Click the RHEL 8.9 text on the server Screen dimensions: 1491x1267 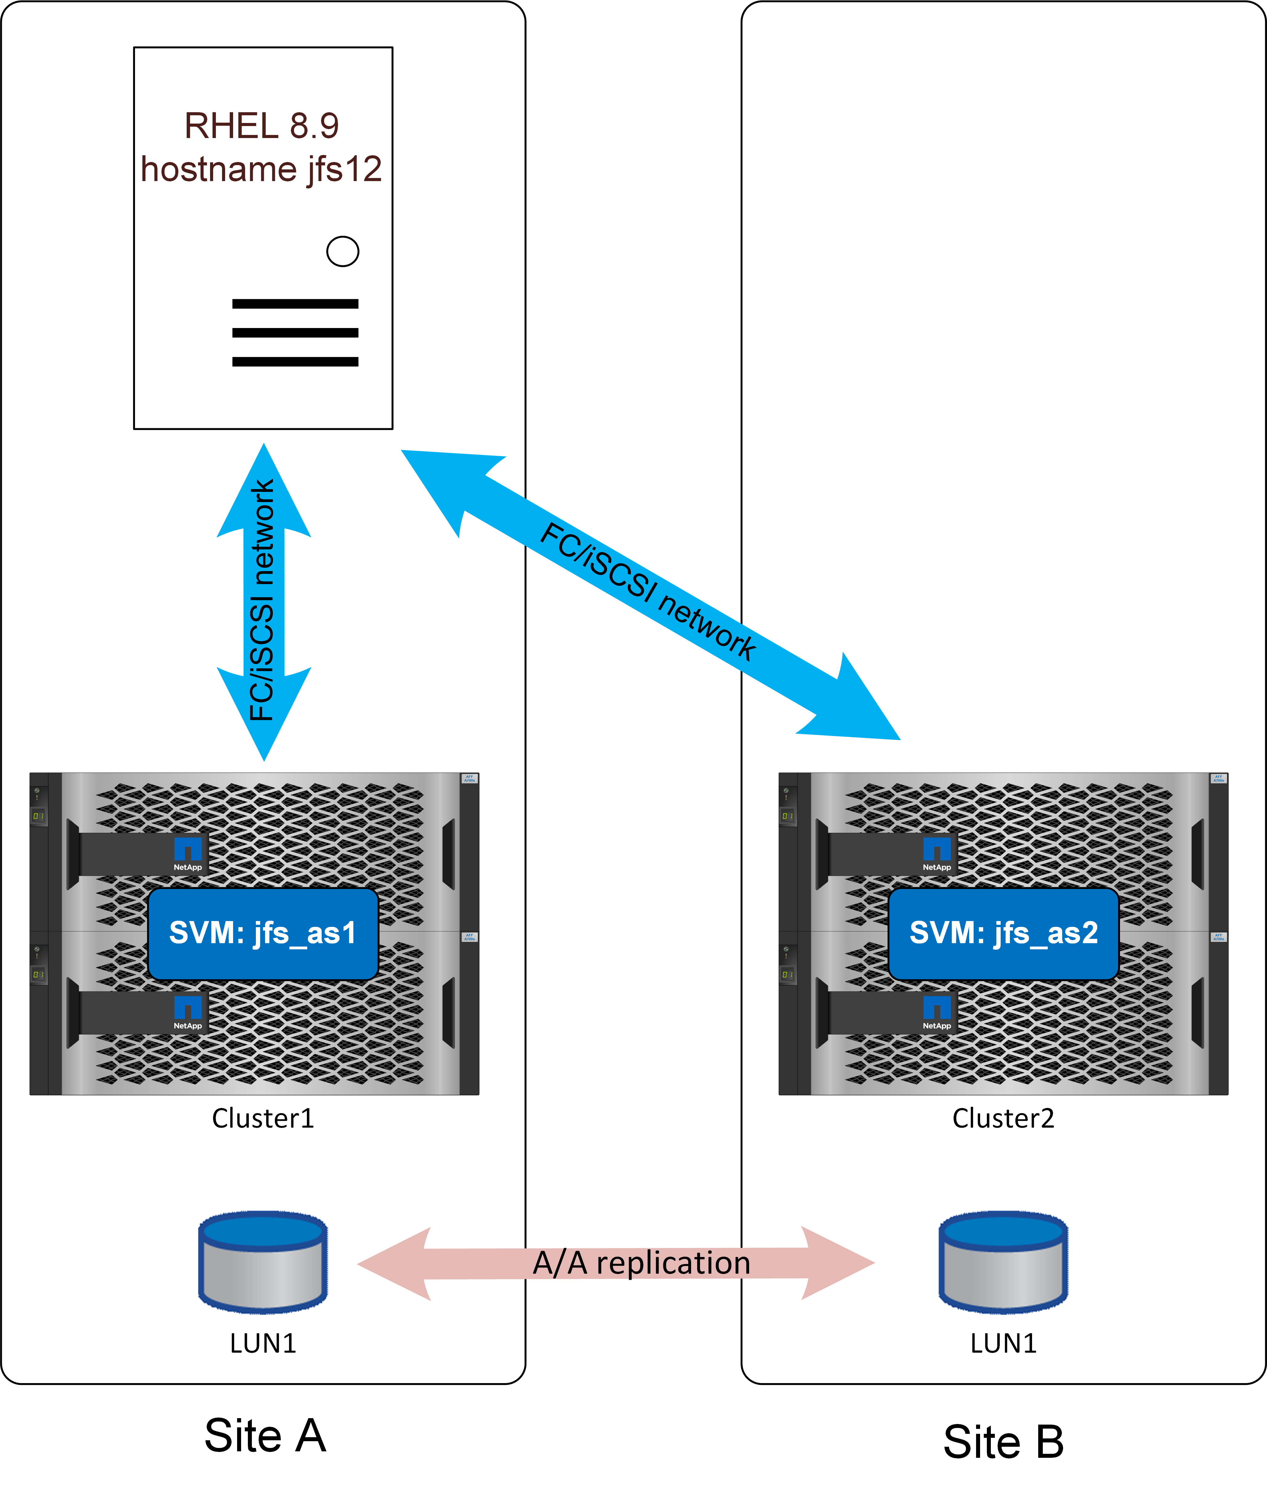261,126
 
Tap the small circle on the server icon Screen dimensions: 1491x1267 343,251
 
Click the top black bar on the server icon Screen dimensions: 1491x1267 295,304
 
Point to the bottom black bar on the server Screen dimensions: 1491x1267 295,362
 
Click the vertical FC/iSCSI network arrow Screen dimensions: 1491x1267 264,602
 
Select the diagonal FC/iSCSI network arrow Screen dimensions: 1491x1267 650,594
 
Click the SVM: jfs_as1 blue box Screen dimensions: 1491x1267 263,933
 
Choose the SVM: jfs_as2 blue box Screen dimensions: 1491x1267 1003,933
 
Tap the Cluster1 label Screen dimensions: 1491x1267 263,1118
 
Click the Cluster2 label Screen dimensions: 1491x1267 1003,1118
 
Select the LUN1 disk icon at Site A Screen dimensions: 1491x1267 263,1261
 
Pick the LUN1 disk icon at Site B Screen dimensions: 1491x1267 1003,1261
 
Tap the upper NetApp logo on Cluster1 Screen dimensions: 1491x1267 188,853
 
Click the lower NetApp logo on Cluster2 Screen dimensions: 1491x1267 937,1011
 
